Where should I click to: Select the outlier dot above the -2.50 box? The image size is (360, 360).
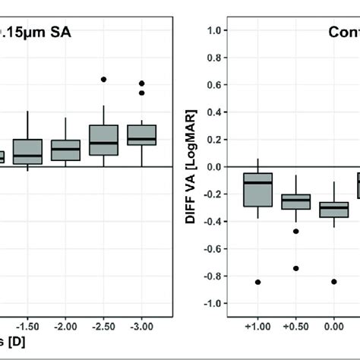click(x=103, y=79)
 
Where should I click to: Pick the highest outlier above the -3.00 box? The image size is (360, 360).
click(x=141, y=83)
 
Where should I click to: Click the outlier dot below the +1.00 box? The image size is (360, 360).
click(x=257, y=282)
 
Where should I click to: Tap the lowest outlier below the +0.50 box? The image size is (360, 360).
click(x=295, y=268)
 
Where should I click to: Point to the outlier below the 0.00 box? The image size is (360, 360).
click(x=333, y=281)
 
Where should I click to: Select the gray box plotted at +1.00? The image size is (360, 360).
click(x=257, y=190)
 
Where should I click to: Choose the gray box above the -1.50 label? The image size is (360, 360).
click(x=27, y=152)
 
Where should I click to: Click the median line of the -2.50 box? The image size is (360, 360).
click(x=103, y=143)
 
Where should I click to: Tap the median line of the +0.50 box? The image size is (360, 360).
click(x=295, y=200)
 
